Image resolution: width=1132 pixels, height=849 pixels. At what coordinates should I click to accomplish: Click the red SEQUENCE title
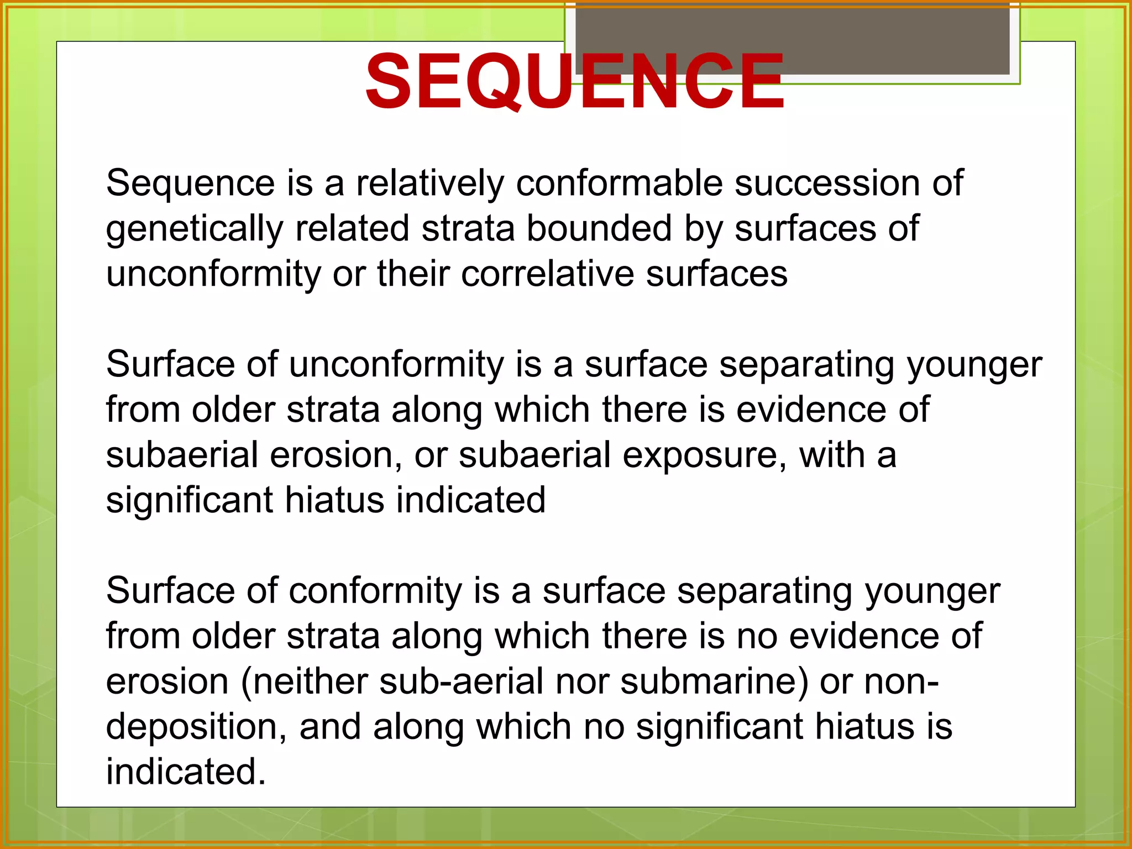[x=575, y=82]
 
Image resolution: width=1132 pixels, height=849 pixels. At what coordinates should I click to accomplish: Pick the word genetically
[x=194, y=229]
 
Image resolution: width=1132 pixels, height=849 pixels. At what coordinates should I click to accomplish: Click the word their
[x=413, y=274]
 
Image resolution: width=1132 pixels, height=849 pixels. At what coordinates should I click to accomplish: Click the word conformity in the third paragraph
[x=375, y=591]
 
